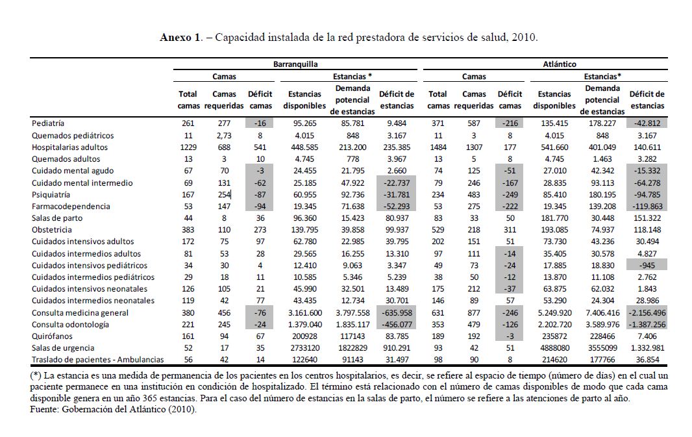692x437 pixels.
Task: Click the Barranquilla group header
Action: [295, 64]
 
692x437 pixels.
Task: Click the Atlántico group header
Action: [559, 64]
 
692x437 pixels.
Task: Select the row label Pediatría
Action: [48, 123]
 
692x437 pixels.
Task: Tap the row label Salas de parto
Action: [57, 218]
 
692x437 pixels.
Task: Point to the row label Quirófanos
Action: [51, 336]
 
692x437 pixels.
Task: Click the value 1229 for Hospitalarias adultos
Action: [187, 147]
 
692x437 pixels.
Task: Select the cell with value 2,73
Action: [224, 136]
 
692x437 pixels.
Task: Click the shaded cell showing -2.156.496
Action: [647, 313]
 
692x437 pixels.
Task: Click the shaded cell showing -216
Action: [510, 123]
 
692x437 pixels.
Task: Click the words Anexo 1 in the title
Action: [180, 37]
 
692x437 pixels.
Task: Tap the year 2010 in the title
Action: [525, 37]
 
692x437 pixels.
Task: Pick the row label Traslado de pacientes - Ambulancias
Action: [92, 360]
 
